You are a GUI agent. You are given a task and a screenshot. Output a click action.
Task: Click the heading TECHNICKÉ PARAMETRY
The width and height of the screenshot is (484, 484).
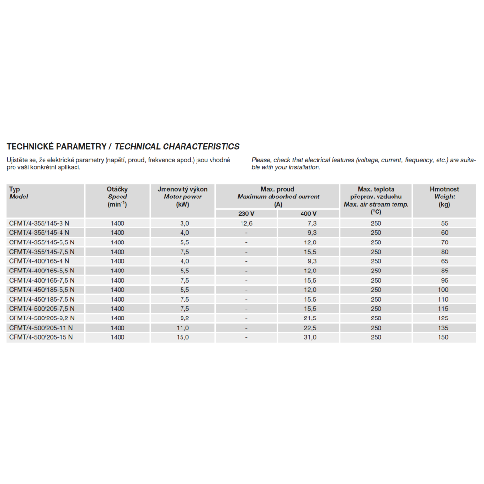pyautogui.click(x=56, y=146)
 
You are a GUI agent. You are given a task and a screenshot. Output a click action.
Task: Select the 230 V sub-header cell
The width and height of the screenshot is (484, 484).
pyautogui.click(x=246, y=214)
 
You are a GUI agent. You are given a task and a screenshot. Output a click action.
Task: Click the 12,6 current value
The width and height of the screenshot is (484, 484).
pyautogui.click(x=246, y=223)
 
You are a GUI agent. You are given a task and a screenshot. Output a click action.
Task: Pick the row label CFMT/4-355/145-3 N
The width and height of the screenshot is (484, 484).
pyautogui.click(x=39, y=223)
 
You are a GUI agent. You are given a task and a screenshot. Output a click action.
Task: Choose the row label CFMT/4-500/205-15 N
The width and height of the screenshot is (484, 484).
pyautogui.click(x=41, y=337)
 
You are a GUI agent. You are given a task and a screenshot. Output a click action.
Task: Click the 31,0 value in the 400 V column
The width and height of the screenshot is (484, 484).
pyautogui.click(x=310, y=337)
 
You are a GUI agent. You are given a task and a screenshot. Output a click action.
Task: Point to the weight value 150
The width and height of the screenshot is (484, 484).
pyautogui.click(x=443, y=337)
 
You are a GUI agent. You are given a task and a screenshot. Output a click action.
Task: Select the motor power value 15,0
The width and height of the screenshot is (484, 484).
pyautogui.click(x=182, y=337)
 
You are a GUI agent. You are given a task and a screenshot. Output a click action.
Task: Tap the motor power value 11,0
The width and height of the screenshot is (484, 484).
pyautogui.click(x=182, y=328)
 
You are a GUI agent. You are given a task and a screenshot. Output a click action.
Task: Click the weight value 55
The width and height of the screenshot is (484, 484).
pyautogui.click(x=445, y=223)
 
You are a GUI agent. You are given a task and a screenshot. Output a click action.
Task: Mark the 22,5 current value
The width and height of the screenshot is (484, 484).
pyautogui.click(x=310, y=328)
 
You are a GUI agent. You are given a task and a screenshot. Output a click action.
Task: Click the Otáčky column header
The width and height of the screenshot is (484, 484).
pyautogui.click(x=117, y=189)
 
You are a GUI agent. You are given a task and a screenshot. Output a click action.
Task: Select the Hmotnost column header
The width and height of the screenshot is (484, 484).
pyautogui.click(x=444, y=189)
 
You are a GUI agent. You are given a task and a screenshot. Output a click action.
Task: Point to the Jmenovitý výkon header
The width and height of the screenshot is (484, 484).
pyautogui.click(x=182, y=189)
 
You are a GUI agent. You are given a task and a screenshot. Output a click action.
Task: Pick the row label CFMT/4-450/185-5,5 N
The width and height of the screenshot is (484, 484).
pyautogui.click(x=42, y=289)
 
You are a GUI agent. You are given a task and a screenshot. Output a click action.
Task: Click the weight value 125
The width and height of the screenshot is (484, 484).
pyautogui.click(x=443, y=318)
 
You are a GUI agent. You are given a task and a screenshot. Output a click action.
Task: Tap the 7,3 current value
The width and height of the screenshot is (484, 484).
pyautogui.click(x=312, y=223)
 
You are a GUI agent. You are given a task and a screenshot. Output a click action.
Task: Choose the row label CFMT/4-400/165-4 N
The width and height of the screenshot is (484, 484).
pyautogui.click(x=39, y=261)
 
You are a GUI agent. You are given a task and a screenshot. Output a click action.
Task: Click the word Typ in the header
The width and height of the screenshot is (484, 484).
pyautogui.click(x=15, y=189)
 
